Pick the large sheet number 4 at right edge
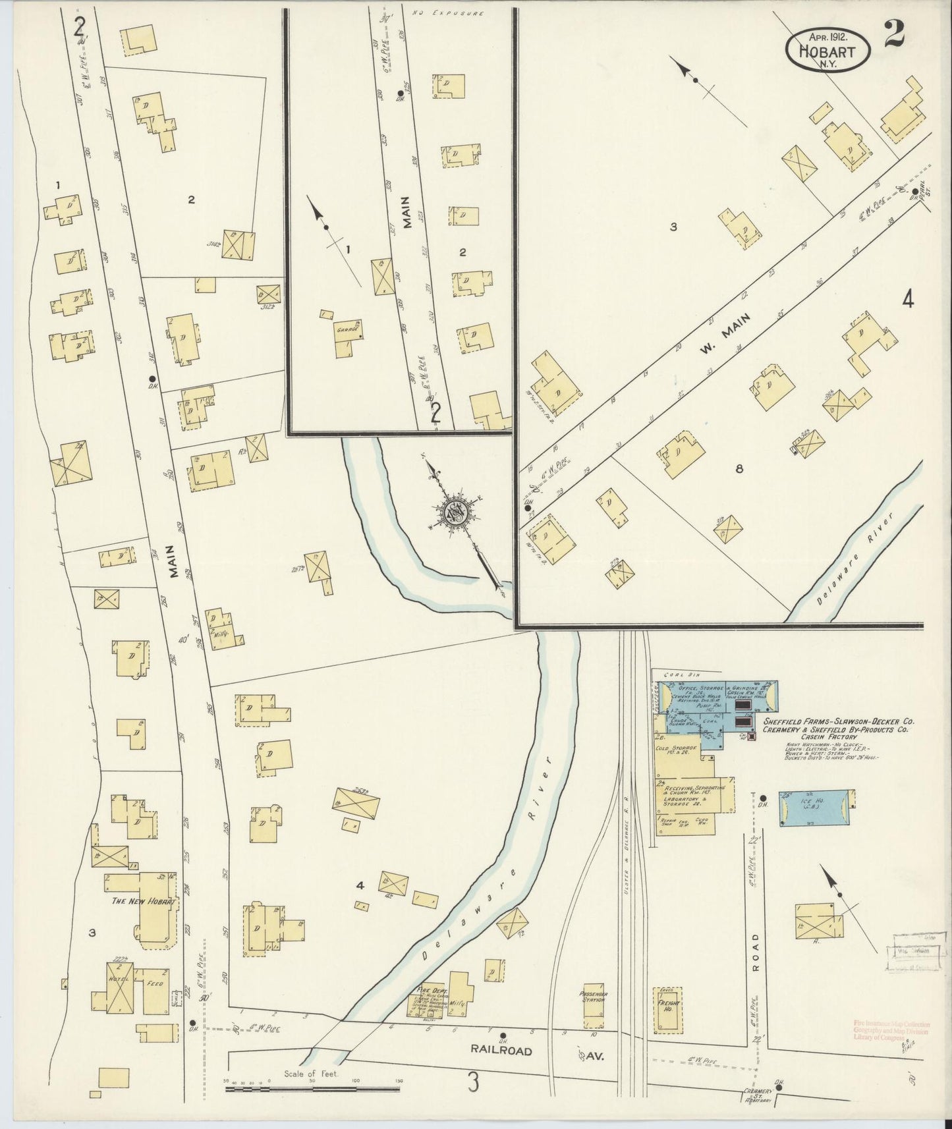point(907,300)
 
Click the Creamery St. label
point(757,1091)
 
